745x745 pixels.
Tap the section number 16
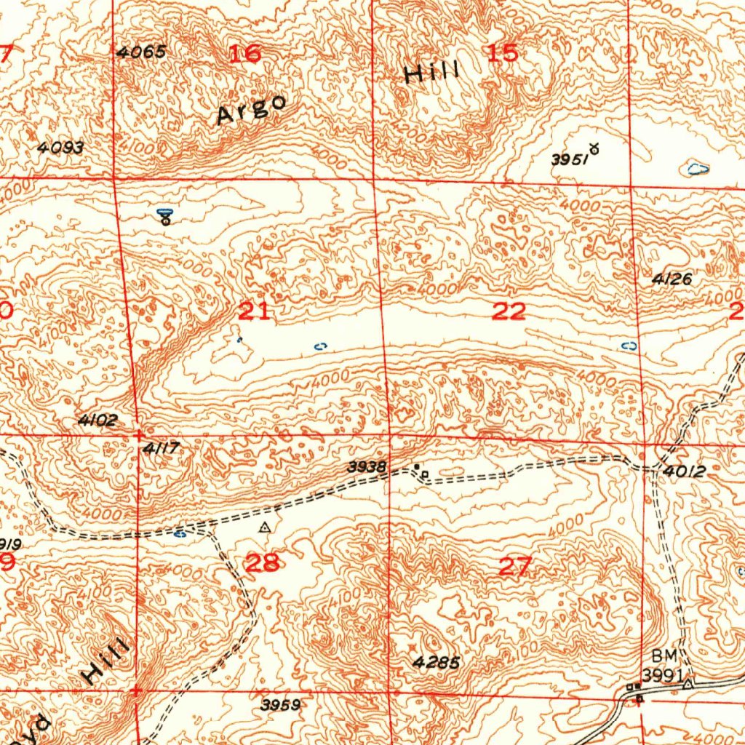tap(245, 53)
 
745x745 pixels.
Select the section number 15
tap(503, 53)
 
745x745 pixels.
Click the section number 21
tap(254, 312)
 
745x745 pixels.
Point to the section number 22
tap(509, 312)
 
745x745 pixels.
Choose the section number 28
tap(263, 562)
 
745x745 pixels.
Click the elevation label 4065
tap(141, 52)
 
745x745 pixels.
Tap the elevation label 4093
tap(61, 148)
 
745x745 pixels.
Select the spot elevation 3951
tap(569, 160)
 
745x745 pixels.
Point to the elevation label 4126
tap(672, 279)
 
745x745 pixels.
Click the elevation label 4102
tap(97, 421)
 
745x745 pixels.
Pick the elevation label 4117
tap(161, 450)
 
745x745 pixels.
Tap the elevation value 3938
tap(367, 467)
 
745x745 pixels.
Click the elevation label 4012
tap(685, 471)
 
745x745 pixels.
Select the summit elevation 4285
tap(436, 662)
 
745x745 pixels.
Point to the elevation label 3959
tap(281, 704)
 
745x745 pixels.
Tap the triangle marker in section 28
tap(266, 525)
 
